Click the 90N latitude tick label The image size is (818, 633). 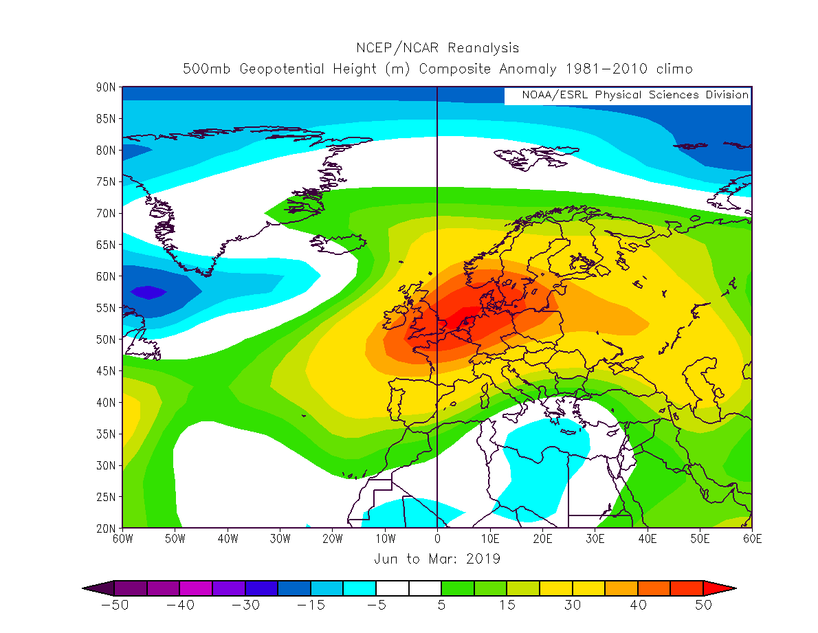[x=106, y=87]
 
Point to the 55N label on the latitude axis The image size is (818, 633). [x=106, y=308]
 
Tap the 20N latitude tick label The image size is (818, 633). [x=106, y=528]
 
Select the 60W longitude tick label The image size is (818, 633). [x=122, y=540]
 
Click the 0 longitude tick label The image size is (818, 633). [x=437, y=540]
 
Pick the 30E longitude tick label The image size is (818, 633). [x=595, y=540]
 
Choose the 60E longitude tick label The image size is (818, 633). [x=752, y=540]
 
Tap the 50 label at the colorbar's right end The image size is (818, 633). [x=703, y=606]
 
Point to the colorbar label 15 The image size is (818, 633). [x=507, y=606]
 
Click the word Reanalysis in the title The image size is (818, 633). [x=483, y=48]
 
